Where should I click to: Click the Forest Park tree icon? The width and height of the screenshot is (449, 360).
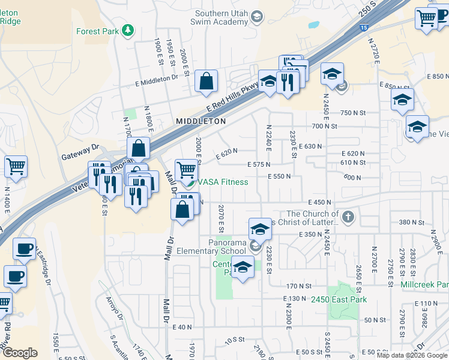tap(127, 30)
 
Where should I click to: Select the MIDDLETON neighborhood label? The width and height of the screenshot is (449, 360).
tap(200, 121)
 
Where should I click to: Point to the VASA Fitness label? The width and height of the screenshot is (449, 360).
tap(223, 182)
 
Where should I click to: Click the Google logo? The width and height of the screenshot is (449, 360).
tap(19, 353)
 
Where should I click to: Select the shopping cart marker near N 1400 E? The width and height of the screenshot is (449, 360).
tap(16, 167)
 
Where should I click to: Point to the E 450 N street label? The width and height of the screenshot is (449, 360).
tap(321, 203)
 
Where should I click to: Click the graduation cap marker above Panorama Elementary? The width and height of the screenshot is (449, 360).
tap(260, 229)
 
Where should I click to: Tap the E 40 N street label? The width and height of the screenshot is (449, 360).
tap(181, 327)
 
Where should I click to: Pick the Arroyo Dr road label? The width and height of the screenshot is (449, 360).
tap(114, 307)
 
